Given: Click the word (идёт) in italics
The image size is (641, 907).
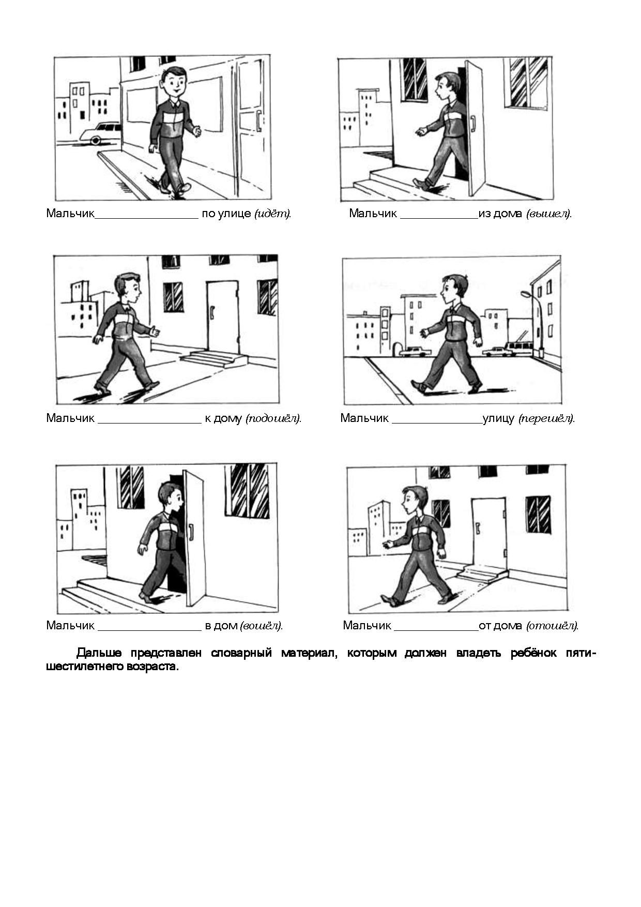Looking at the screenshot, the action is click(272, 214).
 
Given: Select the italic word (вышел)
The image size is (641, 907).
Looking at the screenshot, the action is click(549, 214).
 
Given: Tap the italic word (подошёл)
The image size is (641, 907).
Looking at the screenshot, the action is click(273, 418).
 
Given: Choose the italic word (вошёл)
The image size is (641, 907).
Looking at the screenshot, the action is click(262, 626).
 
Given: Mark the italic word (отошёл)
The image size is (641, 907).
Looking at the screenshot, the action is click(553, 626).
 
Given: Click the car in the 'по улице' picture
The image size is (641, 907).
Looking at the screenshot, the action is click(100, 133).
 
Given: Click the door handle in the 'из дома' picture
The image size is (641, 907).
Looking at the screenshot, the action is click(472, 124).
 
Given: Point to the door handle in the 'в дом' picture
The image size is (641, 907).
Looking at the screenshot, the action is click(191, 532).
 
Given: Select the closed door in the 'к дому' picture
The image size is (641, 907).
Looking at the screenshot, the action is click(223, 317).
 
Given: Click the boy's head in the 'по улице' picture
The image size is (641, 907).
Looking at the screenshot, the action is click(174, 82).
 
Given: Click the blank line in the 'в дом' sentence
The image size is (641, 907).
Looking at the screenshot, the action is click(149, 630).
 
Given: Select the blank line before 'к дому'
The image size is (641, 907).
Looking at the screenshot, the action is click(149, 423).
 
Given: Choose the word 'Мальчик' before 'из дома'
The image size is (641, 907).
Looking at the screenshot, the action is click(373, 214).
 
